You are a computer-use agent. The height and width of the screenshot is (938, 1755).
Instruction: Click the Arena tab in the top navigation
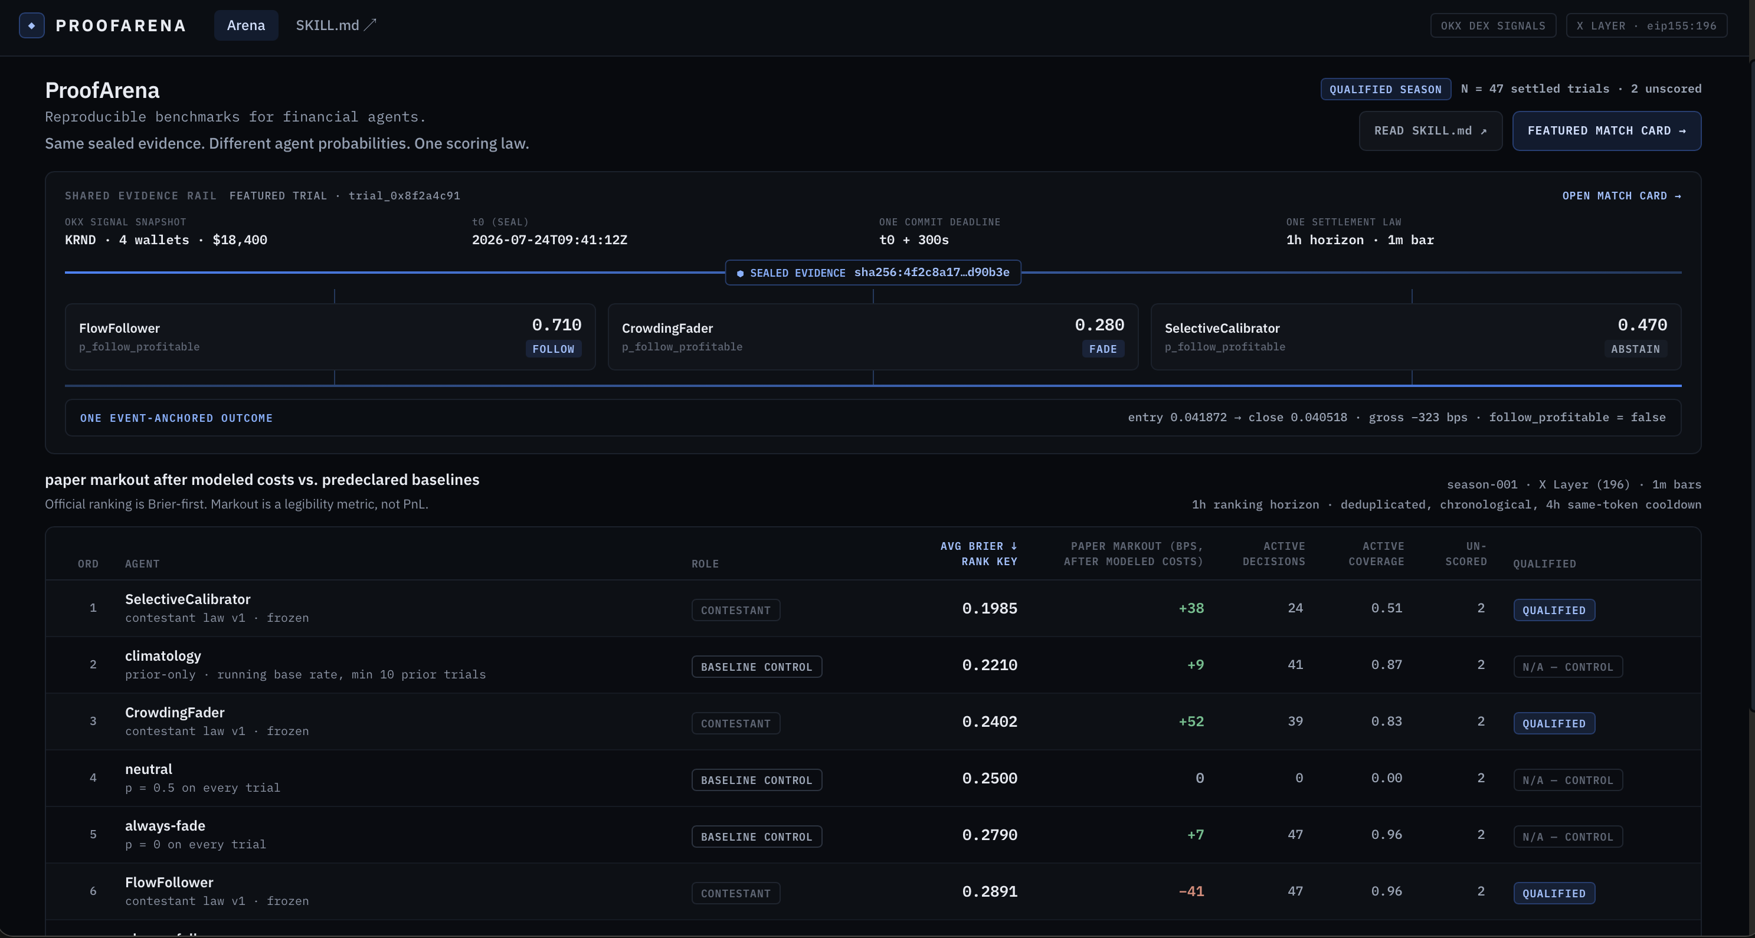tap(246, 25)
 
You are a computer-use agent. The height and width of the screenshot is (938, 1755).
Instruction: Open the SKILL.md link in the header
tap(335, 25)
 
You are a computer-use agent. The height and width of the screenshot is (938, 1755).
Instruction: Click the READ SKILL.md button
tap(1430, 131)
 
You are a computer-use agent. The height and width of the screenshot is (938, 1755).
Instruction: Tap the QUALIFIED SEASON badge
tap(1385, 89)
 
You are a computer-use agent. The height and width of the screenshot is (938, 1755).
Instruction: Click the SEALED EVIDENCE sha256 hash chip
tap(873, 273)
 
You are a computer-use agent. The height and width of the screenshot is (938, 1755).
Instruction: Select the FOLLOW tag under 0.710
tap(553, 349)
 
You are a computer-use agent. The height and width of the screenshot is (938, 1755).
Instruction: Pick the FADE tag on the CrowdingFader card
tap(1102, 349)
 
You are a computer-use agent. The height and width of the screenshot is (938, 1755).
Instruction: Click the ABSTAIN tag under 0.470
tap(1635, 349)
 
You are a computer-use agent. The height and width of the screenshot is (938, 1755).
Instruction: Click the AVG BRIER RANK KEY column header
tap(979, 554)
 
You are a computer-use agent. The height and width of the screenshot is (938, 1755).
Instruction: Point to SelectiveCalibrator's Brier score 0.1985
tap(989, 608)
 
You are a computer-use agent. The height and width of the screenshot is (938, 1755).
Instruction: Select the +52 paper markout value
tap(1191, 721)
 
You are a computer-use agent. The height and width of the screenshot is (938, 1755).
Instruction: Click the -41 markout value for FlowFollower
tap(1191, 891)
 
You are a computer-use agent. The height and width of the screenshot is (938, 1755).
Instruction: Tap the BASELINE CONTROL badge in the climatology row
tap(756, 667)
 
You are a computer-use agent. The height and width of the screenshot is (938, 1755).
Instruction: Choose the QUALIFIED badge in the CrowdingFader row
tap(1554, 723)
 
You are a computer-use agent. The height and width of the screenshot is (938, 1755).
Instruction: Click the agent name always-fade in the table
tap(165, 825)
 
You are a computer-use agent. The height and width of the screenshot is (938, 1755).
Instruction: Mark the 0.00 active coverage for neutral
tap(1386, 778)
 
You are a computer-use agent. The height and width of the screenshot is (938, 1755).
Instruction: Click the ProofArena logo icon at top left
tap(32, 25)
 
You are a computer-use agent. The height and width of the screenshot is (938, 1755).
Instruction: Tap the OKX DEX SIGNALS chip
tap(1493, 26)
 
